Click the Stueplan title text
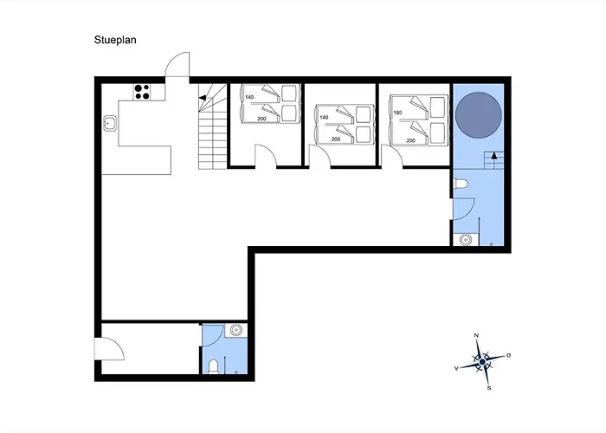pyautogui.click(x=115, y=40)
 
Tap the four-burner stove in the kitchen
pyautogui.click(x=142, y=92)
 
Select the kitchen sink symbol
pyautogui.click(x=110, y=123)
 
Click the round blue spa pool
pyautogui.click(x=479, y=115)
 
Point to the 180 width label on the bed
pyautogui.click(x=397, y=113)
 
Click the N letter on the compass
pyautogui.click(x=476, y=336)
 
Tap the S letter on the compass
pyautogui.click(x=489, y=388)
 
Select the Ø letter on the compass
pyautogui.click(x=509, y=355)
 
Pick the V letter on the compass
pyautogui.click(x=456, y=368)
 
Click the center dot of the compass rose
pyautogui.click(x=482, y=362)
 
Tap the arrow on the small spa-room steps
pyautogui.click(x=494, y=155)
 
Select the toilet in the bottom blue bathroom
pyautogui.click(x=213, y=366)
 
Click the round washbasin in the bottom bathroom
pyautogui.click(x=235, y=330)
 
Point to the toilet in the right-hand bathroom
pyautogui.click(x=461, y=184)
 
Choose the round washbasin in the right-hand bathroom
pyautogui.click(x=466, y=240)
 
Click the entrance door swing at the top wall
pyautogui.click(x=177, y=65)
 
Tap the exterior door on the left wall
pyautogui.click(x=109, y=349)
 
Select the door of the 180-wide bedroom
pyautogui.click(x=391, y=156)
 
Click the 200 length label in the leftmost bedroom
pyautogui.click(x=261, y=119)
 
